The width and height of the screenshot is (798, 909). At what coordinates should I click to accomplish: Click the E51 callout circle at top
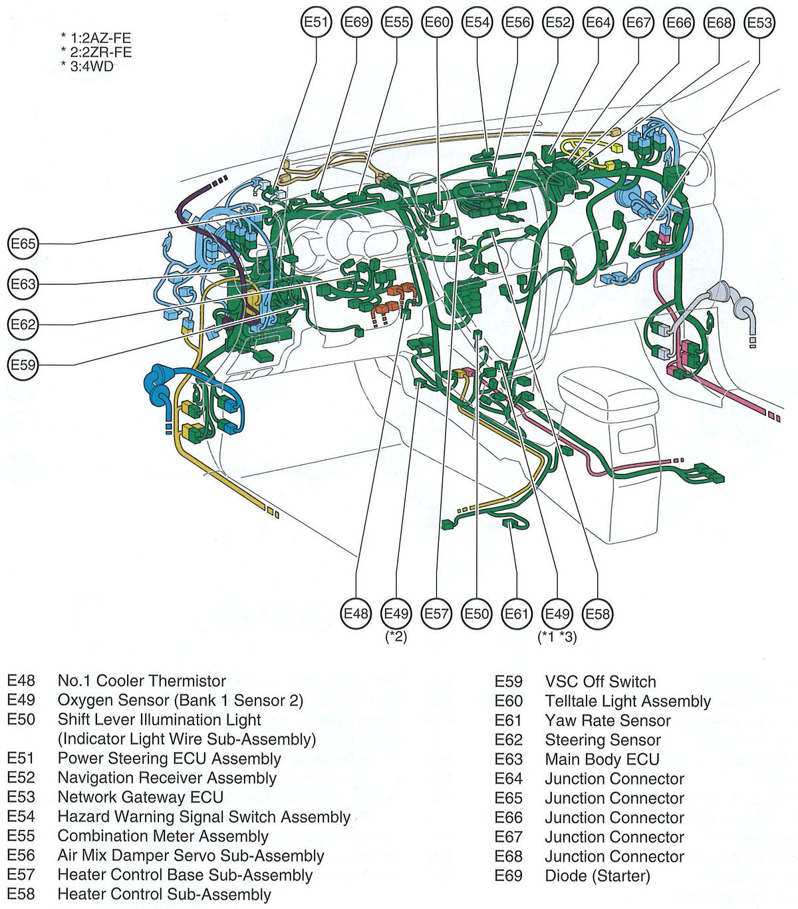(x=316, y=23)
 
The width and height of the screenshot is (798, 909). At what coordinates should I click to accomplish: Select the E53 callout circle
(x=759, y=23)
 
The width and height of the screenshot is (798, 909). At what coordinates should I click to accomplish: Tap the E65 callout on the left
(x=23, y=244)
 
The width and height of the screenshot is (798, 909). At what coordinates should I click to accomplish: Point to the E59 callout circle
(x=23, y=365)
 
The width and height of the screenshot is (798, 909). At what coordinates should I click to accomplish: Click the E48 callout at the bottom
(x=356, y=614)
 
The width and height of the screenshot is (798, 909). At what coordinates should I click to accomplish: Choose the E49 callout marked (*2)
(x=396, y=614)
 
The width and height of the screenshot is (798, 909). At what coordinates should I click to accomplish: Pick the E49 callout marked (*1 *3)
(x=557, y=614)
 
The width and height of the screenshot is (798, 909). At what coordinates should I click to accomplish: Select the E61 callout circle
(x=517, y=614)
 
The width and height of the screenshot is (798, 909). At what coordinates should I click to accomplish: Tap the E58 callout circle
(x=597, y=614)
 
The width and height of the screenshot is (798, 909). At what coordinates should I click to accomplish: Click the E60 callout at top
(x=437, y=23)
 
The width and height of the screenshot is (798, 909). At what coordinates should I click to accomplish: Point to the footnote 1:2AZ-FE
(x=100, y=38)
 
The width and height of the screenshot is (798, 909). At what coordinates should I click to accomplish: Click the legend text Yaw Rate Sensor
(x=608, y=720)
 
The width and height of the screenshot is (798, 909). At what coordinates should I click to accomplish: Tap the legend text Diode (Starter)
(x=597, y=876)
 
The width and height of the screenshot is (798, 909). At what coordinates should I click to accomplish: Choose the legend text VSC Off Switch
(x=600, y=681)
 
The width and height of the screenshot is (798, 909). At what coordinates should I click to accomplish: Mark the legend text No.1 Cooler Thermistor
(x=142, y=681)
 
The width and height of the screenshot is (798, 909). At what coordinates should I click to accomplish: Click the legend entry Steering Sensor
(x=602, y=740)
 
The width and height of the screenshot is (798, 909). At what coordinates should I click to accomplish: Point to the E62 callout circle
(x=23, y=325)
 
